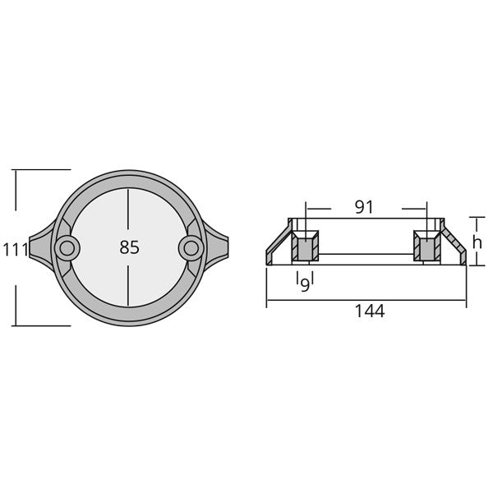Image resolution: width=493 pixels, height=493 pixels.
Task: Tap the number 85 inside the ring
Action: point(129,247)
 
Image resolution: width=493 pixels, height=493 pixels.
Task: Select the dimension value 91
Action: point(366,207)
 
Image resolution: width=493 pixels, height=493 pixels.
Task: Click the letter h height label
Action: point(476,242)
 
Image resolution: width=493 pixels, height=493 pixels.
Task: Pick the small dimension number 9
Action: point(305,283)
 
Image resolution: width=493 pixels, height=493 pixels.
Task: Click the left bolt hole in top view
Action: point(66,246)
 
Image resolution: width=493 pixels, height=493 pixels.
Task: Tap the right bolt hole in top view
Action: point(191,246)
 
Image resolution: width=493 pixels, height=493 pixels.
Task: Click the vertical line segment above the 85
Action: point(128,210)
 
